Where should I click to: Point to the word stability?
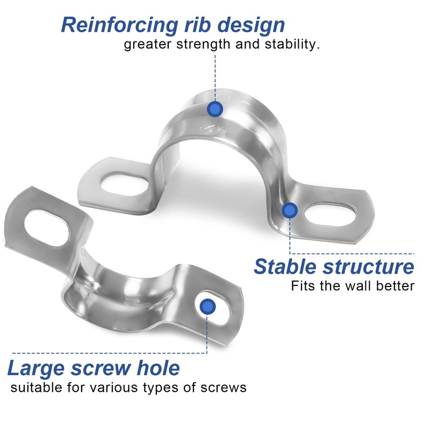pos(291,45)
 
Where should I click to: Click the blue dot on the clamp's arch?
pos(215,109)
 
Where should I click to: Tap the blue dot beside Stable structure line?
pos(290,210)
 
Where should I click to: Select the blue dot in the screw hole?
pos(207,307)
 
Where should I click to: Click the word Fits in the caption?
pos(303,286)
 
